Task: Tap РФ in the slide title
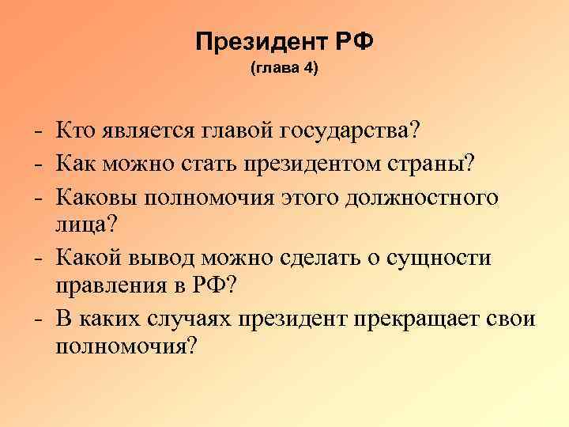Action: pos(353,41)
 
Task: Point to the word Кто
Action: pos(78,128)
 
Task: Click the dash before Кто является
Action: pos(38,129)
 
